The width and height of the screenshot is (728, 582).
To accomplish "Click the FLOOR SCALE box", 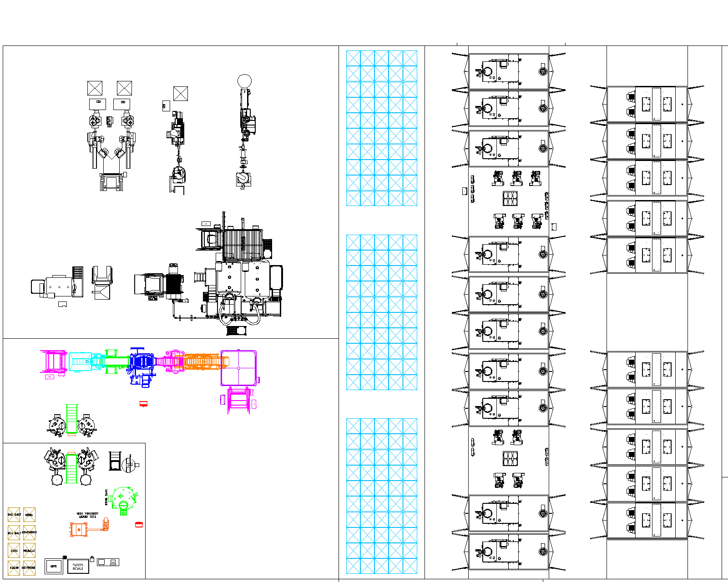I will pos(78,567).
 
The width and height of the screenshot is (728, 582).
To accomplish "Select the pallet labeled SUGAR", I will pos(14,567).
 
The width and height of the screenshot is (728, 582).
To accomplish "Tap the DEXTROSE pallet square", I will pos(29,567).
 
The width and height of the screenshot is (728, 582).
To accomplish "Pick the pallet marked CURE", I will pos(14,550).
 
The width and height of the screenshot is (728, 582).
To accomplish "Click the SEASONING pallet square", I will pos(29,532).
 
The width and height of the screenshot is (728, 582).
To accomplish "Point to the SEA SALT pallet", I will pos(14,532).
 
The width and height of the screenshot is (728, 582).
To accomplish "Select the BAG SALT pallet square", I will pos(14,515).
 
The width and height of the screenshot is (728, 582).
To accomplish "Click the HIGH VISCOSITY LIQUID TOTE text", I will pos(87,515).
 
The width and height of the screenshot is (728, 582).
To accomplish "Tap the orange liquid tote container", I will pos(79,529).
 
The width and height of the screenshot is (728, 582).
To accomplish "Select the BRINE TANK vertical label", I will pos(106,497).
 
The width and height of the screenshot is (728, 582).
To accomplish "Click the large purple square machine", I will pos(238,368).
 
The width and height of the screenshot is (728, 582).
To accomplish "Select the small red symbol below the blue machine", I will pos(143,404).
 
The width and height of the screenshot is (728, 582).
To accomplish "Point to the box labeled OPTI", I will pos(54,567).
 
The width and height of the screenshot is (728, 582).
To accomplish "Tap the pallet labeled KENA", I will pos(29,515).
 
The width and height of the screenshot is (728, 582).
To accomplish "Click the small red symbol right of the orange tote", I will pos(139,524).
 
